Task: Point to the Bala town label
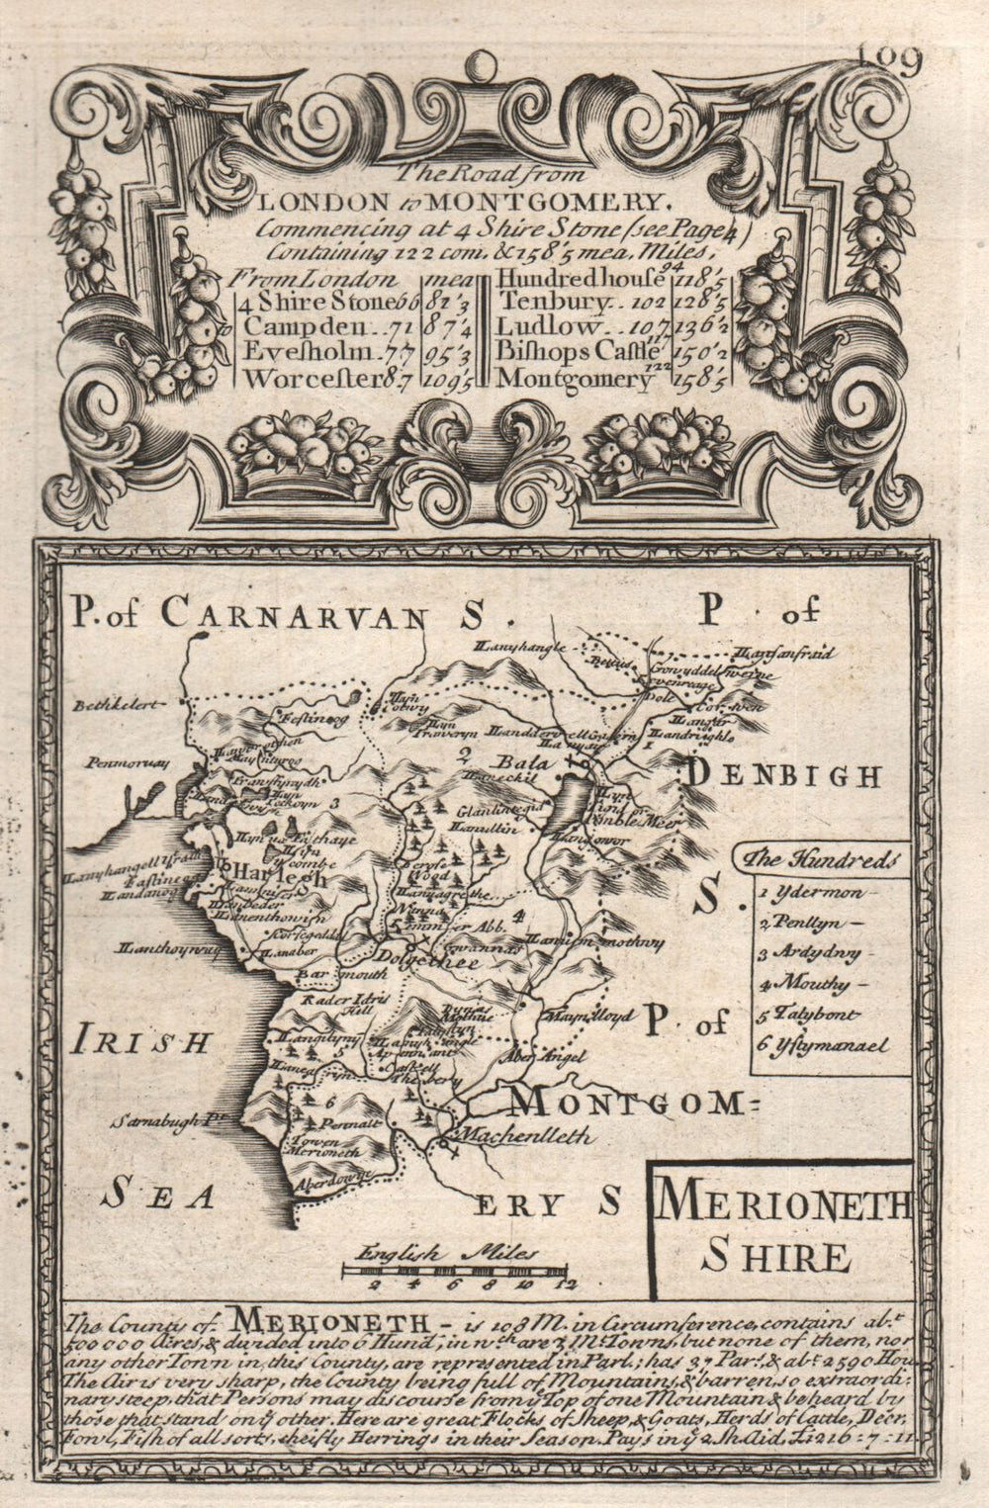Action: click(x=515, y=764)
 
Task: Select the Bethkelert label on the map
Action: click(x=111, y=706)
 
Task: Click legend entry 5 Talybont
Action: click(x=810, y=1015)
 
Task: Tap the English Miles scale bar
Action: click(x=456, y=1269)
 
